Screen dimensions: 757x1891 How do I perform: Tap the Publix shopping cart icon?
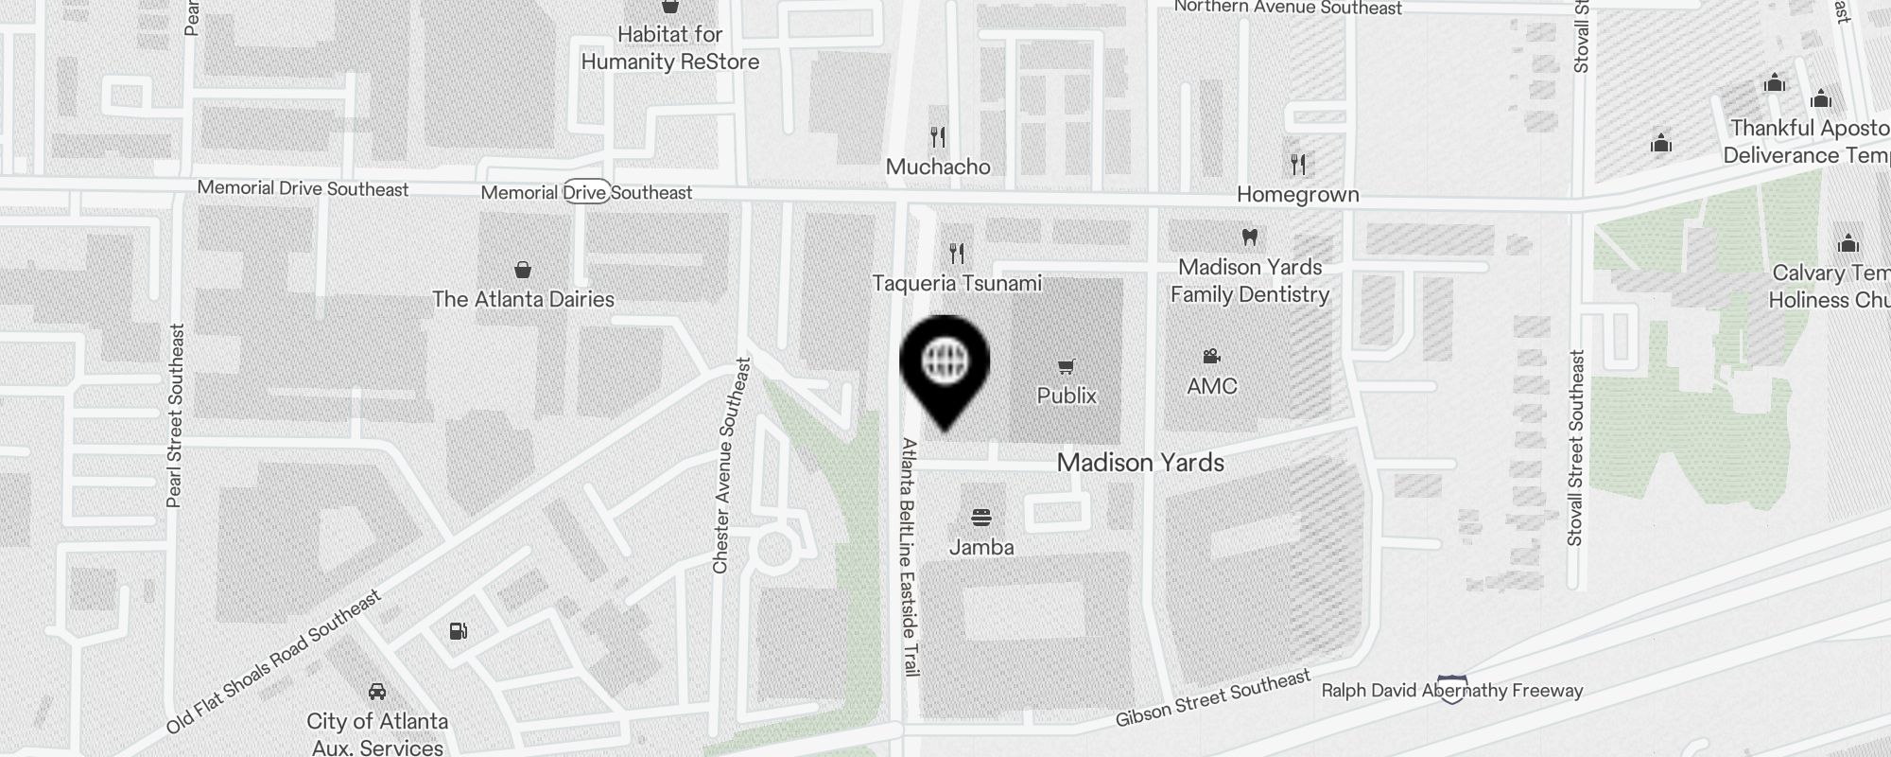[1067, 367]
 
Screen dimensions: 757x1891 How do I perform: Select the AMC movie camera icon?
[1211, 357]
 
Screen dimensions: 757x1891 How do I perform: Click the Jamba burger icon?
[981, 518]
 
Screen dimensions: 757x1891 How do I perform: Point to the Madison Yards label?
[1140, 463]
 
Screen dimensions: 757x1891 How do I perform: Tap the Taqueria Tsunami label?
[957, 283]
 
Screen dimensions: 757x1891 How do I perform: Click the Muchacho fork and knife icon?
[938, 137]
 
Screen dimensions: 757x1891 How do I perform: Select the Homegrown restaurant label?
[1298, 195]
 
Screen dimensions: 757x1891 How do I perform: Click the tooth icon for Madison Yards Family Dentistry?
[1249, 237]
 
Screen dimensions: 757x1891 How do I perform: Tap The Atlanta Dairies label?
[523, 299]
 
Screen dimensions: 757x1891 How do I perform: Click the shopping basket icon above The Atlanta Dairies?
[522, 270]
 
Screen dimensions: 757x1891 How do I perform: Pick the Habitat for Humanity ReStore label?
[670, 48]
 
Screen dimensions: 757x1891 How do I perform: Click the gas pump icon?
[459, 630]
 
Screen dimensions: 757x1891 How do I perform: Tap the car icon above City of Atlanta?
[376, 691]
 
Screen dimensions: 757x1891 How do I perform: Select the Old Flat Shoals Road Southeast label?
[274, 662]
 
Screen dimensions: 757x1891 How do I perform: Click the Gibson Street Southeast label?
[1213, 698]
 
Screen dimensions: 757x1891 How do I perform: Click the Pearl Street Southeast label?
[175, 415]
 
